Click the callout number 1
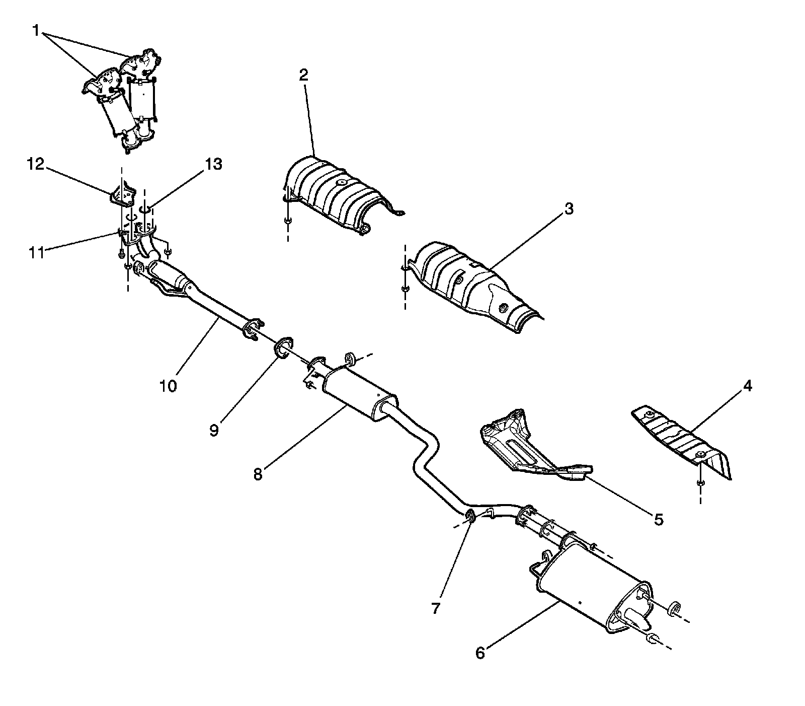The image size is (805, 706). pos(36,31)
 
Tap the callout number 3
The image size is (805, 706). pos(569,208)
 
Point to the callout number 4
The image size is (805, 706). pos(747,386)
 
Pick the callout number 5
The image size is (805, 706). pos(658,519)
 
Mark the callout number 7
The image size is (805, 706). pos(436,608)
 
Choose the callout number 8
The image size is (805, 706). pos(258,474)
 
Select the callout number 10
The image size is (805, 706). pos(169,386)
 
